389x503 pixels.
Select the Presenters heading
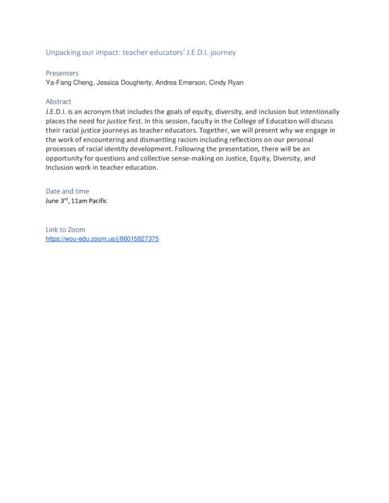pos(62,73)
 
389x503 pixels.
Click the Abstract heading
pos(59,102)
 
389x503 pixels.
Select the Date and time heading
pos(67,191)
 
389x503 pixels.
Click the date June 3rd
pos(56,201)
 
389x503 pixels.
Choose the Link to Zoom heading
pos(65,229)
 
